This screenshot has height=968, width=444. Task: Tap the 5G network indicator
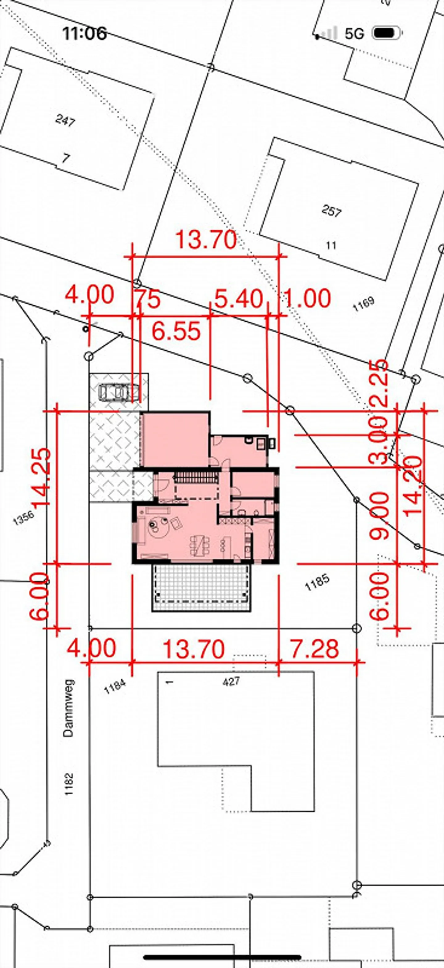[x=355, y=34]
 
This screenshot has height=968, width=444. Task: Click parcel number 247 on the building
[x=65, y=121]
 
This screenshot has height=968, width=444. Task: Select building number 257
[x=331, y=211]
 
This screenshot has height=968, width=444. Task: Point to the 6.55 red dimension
[x=176, y=332]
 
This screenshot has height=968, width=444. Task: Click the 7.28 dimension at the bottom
[x=315, y=648]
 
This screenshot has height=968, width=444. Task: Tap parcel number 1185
[x=317, y=582]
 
